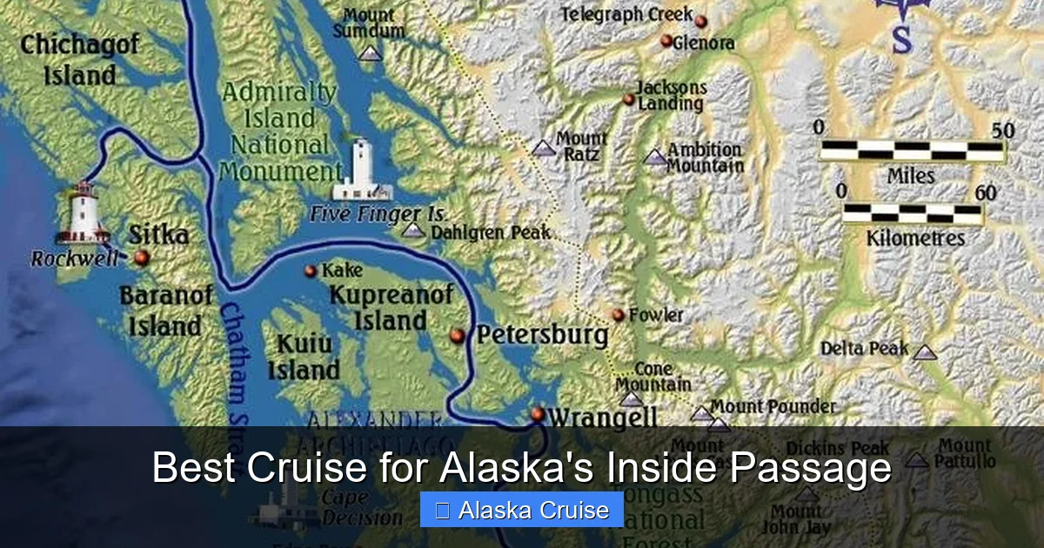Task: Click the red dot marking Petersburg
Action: pos(458,336)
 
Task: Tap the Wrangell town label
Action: pos(602,418)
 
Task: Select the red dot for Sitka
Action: pos(142,257)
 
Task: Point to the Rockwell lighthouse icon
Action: pos(83,213)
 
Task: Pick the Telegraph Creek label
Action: pos(626,15)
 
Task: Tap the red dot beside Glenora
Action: pos(666,41)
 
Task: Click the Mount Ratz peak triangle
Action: pos(544,148)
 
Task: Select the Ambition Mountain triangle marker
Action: pos(655,157)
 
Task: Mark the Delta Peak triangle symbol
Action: pos(924,352)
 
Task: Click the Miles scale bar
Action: pos(912,150)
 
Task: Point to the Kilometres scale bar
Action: pos(911,213)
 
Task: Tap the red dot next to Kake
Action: pos(310,271)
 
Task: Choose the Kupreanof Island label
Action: pos(391,307)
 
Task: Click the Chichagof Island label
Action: pos(79,60)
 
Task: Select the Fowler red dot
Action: pos(618,315)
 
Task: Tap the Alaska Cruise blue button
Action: pos(521,510)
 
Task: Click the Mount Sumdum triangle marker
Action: pos(371,53)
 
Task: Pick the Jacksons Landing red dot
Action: pos(628,99)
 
